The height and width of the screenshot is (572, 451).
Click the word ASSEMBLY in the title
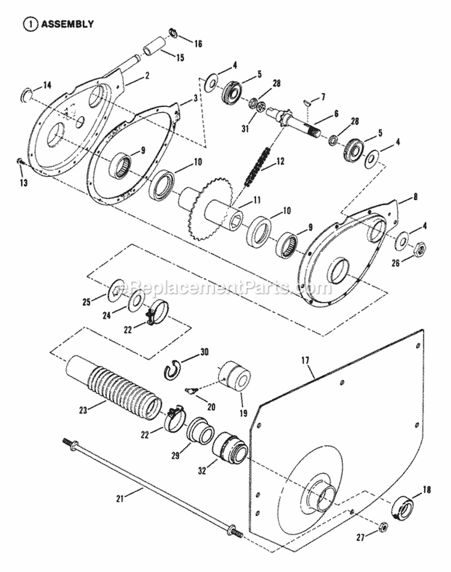(67, 25)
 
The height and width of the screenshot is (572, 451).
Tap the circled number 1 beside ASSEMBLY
(28, 25)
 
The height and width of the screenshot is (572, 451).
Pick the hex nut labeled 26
(420, 248)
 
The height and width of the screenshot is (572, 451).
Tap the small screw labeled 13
(20, 161)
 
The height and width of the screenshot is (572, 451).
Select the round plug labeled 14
(26, 94)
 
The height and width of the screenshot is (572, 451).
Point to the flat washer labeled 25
(115, 292)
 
